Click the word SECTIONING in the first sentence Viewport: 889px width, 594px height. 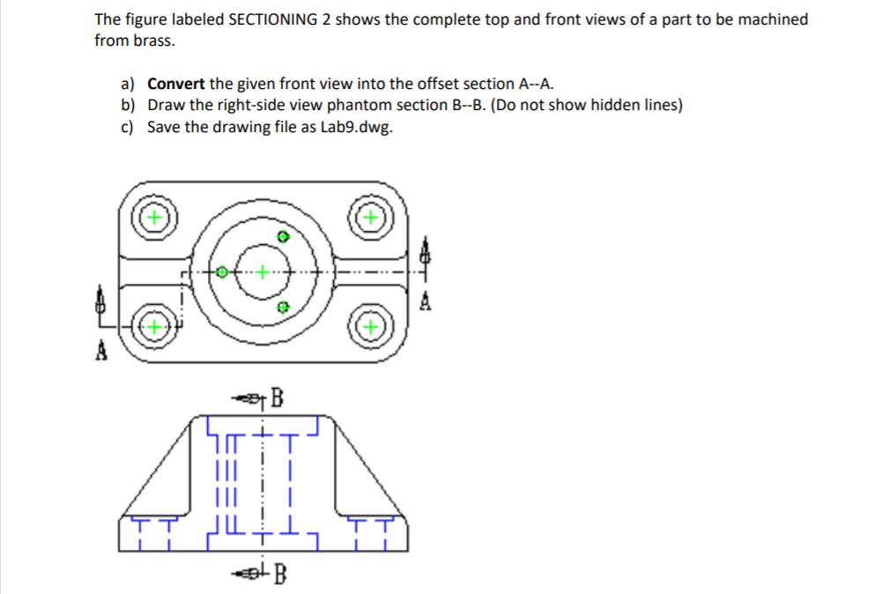[268, 19]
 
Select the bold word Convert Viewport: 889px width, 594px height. [176, 85]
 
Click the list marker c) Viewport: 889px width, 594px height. [129, 127]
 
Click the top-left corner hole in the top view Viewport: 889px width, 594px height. [154, 216]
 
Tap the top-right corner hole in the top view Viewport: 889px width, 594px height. [372, 216]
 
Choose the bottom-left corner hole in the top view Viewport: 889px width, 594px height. [154, 327]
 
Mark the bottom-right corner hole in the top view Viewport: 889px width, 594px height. [372, 327]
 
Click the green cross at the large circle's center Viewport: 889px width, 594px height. [262, 272]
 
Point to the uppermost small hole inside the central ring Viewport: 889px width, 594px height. [282, 237]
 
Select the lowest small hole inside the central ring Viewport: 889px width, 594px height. [282, 308]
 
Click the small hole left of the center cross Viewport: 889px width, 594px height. [223, 272]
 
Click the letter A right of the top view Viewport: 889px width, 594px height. [426, 304]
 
